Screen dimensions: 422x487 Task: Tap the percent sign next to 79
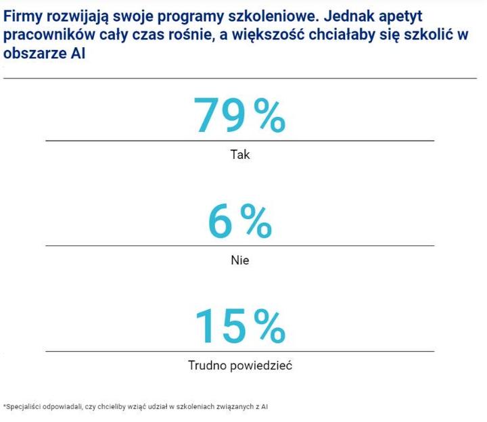[x=269, y=115]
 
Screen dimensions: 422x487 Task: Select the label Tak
[x=240, y=155]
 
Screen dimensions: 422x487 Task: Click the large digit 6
[x=221, y=221]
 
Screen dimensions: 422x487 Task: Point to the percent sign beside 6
[x=256, y=221]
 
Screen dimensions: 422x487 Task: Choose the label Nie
[x=240, y=260]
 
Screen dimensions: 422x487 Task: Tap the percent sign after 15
[x=269, y=325]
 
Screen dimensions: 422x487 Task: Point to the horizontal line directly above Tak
[x=240, y=141]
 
